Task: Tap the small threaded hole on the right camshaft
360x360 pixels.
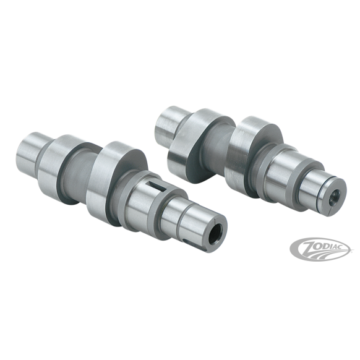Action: click(x=333, y=198)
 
